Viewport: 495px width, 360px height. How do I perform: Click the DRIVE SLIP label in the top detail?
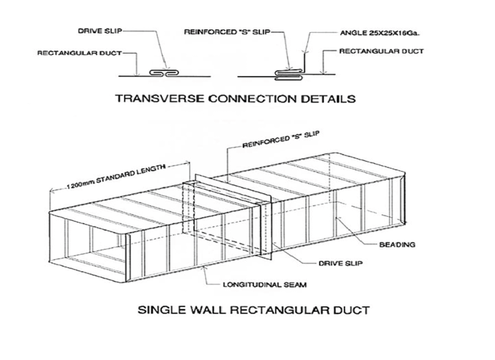tap(100, 31)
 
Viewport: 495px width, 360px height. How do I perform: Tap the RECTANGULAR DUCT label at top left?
tap(80, 53)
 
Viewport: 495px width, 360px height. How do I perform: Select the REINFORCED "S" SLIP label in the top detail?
tap(227, 32)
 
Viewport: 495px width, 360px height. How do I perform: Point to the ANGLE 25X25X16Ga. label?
tap(380, 33)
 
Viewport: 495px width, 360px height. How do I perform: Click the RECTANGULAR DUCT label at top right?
tap(381, 51)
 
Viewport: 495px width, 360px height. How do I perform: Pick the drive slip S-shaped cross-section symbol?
tap(164, 73)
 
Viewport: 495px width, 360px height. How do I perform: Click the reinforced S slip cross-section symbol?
tap(289, 74)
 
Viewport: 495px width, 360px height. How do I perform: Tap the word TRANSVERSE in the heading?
tap(160, 99)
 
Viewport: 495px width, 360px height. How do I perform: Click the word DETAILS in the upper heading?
tap(327, 99)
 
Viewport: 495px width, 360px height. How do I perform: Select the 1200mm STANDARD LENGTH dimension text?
tap(115, 177)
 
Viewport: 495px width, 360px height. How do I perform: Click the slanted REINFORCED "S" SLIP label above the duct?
tap(281, 140)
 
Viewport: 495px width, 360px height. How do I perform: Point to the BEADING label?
tap(397, 245)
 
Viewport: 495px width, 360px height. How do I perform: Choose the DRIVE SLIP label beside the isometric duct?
tap(341, 263)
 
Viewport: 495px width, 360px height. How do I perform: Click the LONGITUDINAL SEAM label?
tap(264, 285)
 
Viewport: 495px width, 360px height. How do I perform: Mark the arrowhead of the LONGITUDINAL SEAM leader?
tap(205, 268)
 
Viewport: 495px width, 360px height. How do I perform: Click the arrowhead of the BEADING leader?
tap(337, 218)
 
